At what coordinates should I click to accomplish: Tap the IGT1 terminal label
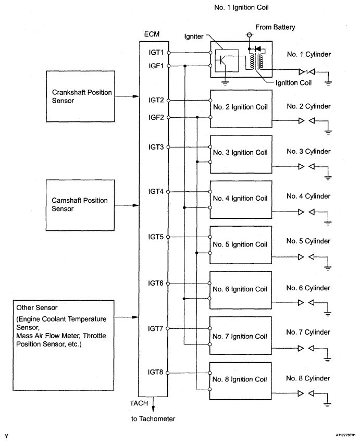pos(156,53)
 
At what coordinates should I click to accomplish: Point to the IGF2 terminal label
pos(156,117)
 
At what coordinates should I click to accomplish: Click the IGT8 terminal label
pos(156,372)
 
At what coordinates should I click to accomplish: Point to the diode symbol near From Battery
pos(257,49)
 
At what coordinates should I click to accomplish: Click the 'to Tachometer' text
pos(153,419)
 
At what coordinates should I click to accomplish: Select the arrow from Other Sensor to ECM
pos(127,317)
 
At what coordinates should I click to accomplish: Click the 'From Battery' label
pos(275,27)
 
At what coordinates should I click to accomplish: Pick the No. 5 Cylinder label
pos(308,241)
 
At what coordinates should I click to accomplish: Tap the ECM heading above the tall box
pos(152,34)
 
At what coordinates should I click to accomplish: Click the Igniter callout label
pos(194,36)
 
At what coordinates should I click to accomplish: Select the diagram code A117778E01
pos(345,435)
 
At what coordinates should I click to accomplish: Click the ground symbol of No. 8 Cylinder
pos(327,405)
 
